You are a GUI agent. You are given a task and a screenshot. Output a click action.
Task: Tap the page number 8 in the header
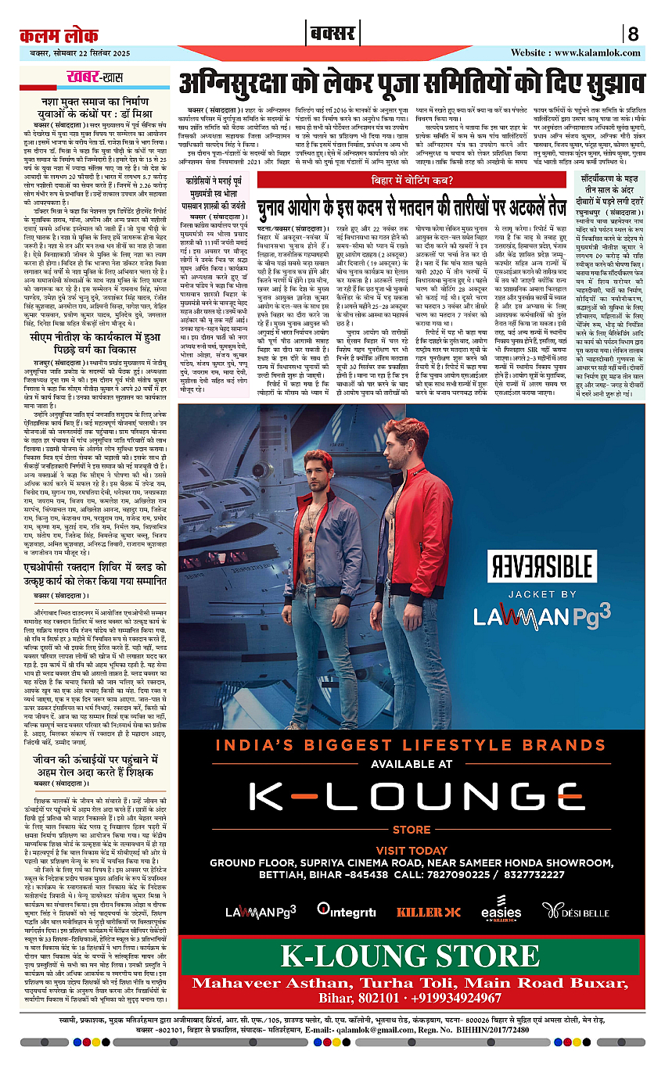pyautogui.click(x=632, y=34)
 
